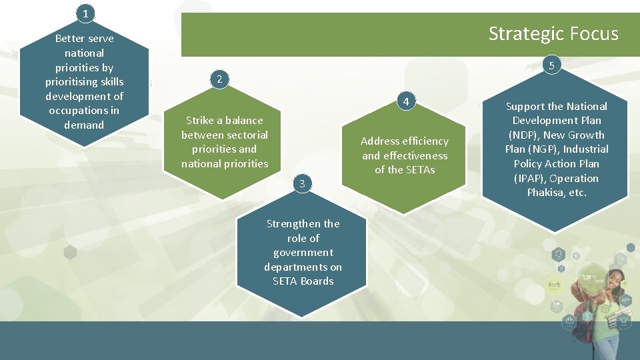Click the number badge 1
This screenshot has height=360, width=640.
tap(85, 13)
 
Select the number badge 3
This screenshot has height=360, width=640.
tap(302, 183)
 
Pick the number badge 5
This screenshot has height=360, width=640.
tap(551, 65)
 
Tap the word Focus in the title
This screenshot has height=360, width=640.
tap(595, 34)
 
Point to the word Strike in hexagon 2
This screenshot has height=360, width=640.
tap(199, 121)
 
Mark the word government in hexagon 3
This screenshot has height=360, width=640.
tap(303, 253)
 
